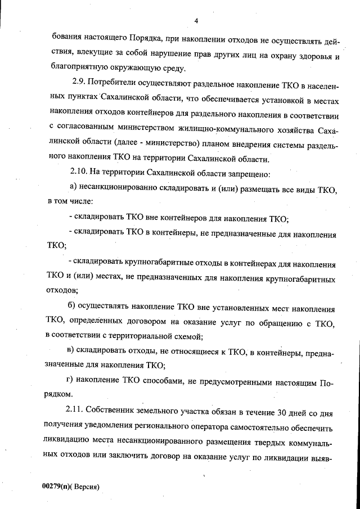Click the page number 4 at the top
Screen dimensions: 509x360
click(196, 21)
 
